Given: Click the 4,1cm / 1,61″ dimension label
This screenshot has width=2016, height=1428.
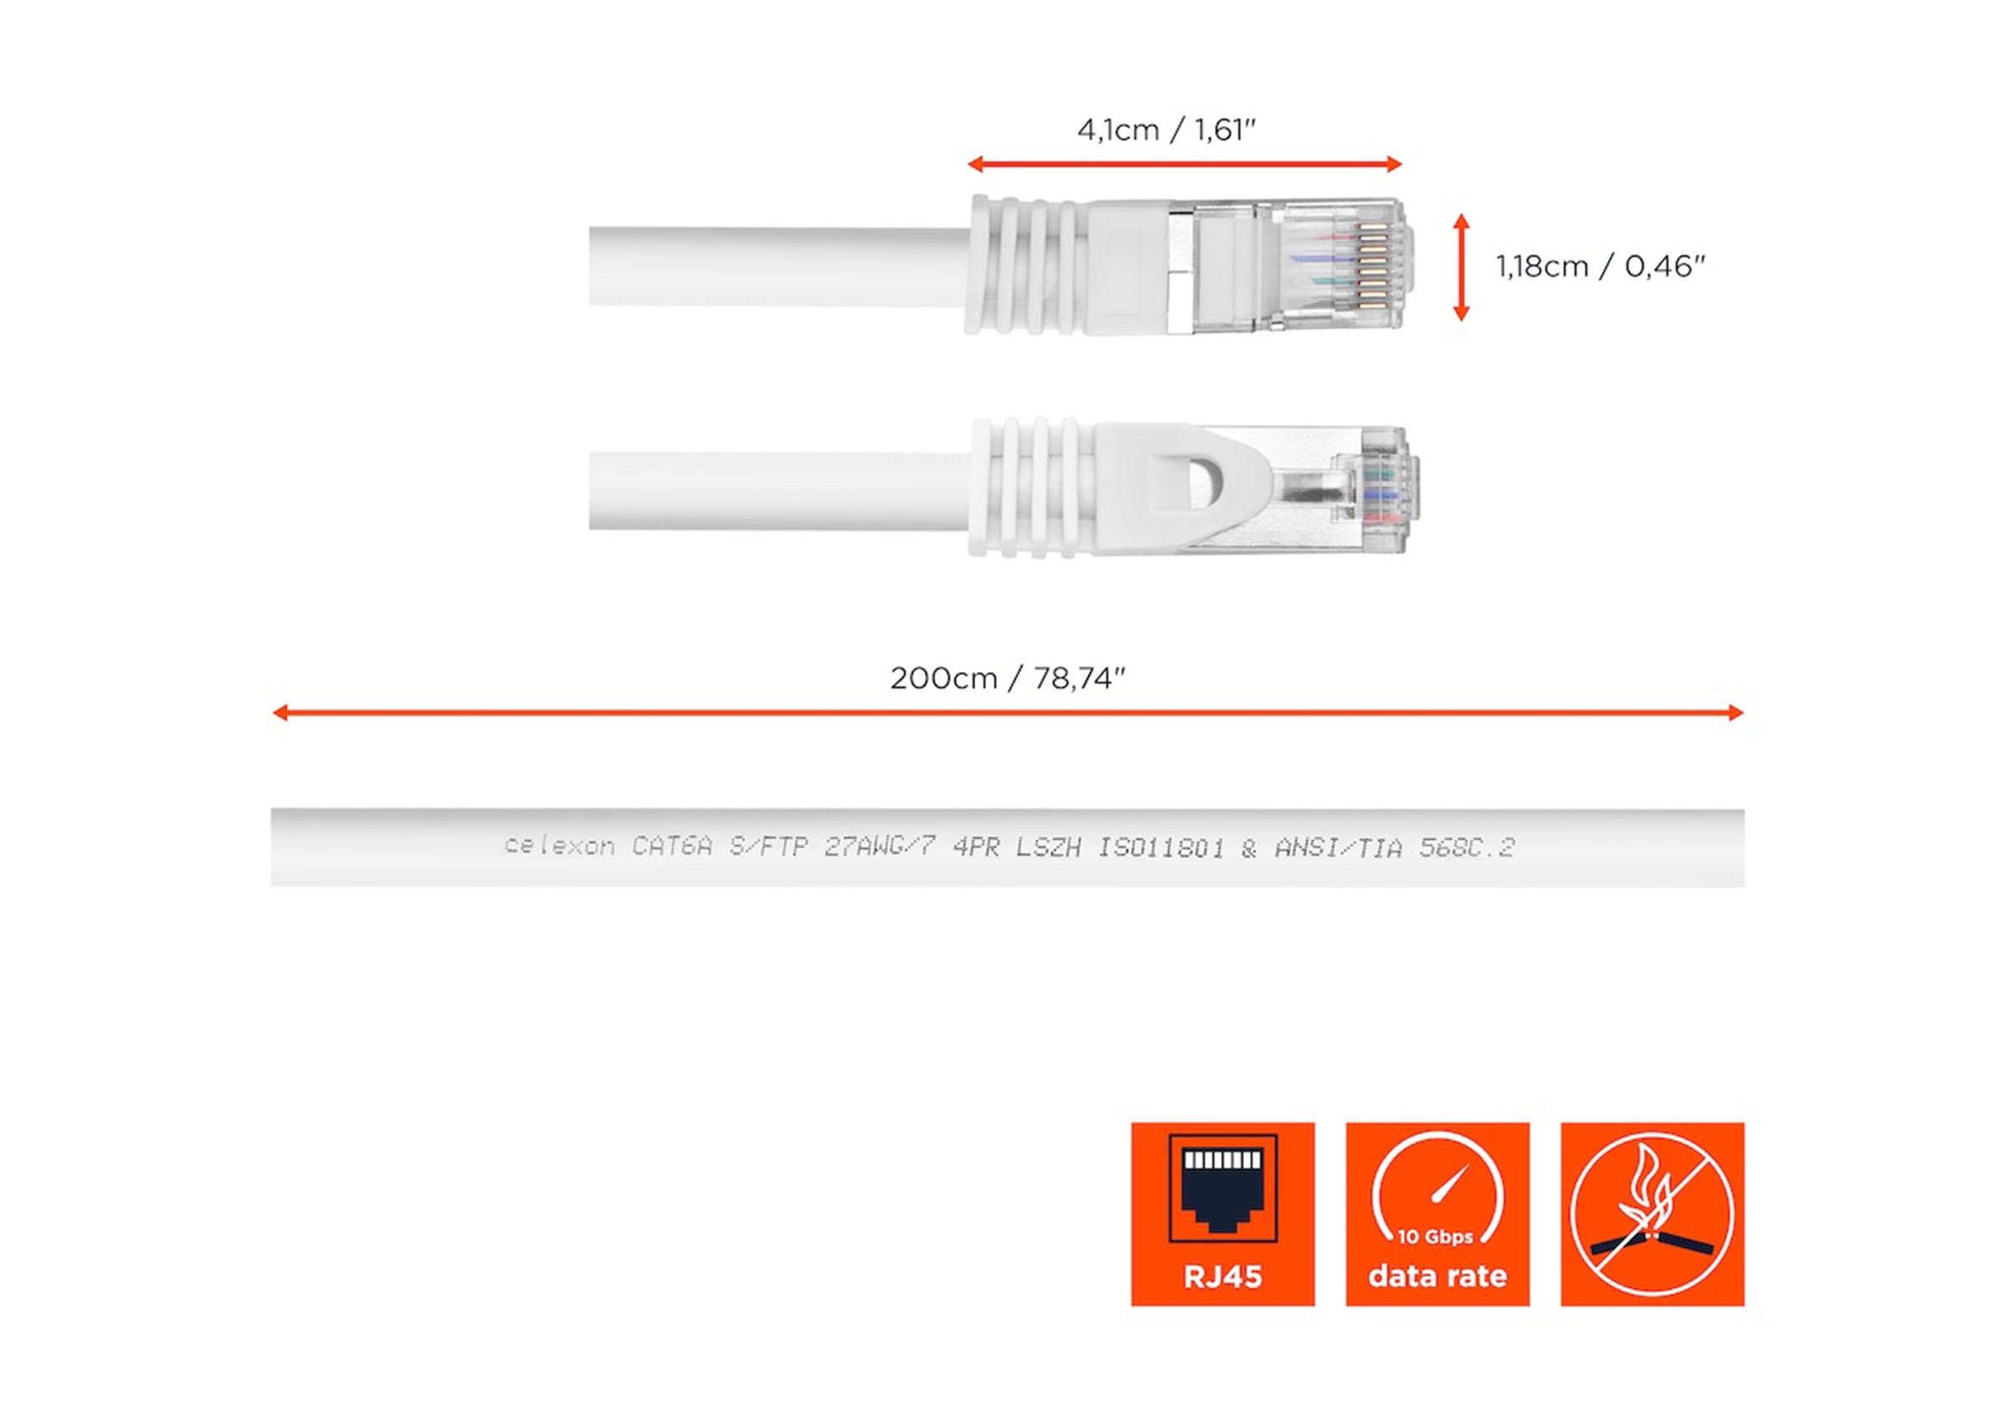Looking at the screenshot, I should pos(1166,131).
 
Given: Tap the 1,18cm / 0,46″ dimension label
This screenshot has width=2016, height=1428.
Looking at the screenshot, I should pos(1600,266).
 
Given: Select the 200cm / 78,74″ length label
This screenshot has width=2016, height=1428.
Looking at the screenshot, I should pos(1007,679).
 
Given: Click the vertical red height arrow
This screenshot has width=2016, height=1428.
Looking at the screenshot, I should pos(1462,266).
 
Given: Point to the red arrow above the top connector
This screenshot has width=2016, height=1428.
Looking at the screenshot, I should pos(1184,164).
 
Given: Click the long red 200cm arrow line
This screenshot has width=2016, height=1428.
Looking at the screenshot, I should pos(1007,712).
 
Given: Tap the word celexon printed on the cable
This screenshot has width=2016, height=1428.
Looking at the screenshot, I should pos(559,847).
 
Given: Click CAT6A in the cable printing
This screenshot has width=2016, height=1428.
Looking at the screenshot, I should pos(672,847).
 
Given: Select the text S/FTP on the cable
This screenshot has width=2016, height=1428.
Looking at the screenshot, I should pos(769,847).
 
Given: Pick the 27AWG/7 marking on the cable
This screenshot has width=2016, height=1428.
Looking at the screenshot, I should pos(879,847).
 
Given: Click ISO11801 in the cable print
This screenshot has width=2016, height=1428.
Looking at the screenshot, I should pos(1161,848).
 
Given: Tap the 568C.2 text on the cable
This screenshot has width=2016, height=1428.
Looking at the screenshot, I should pos(1467,848).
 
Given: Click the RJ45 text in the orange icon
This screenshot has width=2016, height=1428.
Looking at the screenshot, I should pos(1222,1276).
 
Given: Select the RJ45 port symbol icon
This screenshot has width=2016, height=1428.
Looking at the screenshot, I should pos(1222,1187).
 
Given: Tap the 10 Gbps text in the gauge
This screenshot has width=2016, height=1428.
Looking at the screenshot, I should pos(1436,1237).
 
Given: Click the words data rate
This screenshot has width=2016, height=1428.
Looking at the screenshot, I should pos(1437,1276).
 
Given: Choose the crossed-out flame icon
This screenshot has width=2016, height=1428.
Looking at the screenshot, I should pos(1652,1215).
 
